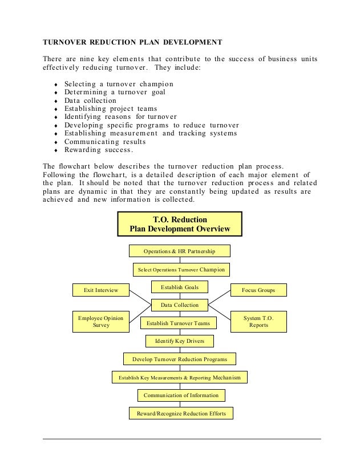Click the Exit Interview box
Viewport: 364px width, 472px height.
[101, 290]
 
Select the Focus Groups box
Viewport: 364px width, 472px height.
[258, 290]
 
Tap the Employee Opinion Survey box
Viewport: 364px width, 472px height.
[101, 321]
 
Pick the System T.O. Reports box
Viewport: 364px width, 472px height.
[258, 321]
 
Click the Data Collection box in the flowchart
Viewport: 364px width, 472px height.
[179, 305]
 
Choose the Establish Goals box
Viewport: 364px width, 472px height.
[179, 287]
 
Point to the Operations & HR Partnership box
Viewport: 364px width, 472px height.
[179, 251]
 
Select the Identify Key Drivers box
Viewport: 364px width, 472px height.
[179, 341]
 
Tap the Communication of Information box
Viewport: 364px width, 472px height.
[181, 395]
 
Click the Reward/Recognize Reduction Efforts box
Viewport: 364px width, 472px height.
[181, 413]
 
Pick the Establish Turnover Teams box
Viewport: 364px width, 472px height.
[178, 323]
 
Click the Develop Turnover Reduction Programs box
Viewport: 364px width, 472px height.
[180, 359]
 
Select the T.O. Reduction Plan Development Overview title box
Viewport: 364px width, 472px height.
[180, 224]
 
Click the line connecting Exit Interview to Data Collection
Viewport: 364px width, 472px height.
[140, 297]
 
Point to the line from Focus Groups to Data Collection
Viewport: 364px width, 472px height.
[219, 298]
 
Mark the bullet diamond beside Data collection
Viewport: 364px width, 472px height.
[55, 101]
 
